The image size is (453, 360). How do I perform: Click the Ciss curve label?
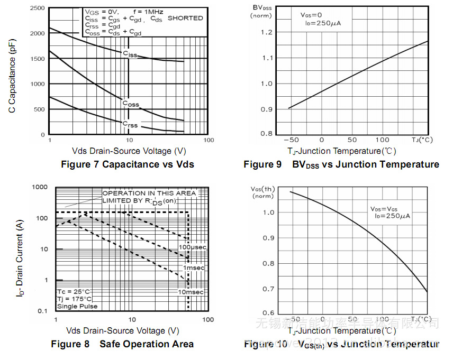(130, 54)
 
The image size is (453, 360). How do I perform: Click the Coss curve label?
(130, 104)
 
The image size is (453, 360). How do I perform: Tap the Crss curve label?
(130, 124)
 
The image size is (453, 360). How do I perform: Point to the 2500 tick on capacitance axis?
(37, 8)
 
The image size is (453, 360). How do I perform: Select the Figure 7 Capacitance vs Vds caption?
(128, 164)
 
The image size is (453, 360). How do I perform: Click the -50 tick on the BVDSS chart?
(291, 140)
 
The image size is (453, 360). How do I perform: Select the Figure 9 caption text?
(341, 164)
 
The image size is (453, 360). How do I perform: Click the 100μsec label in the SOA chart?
(192, 247)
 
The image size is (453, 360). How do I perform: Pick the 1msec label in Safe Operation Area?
(194, 268)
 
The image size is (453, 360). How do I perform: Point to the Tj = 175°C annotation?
(74, 299)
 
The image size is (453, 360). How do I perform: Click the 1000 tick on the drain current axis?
(40, 187)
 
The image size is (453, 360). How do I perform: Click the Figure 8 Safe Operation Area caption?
(122, 344)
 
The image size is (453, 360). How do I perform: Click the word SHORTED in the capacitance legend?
(185, 18)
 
